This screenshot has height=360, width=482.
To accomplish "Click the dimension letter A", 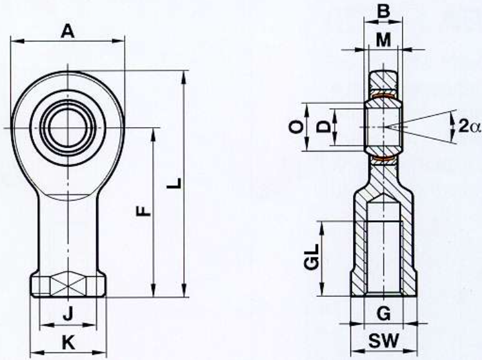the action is (68, 32).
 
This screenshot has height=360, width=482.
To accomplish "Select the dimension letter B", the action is (383, 12).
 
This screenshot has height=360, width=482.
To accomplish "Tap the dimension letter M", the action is (383, 40).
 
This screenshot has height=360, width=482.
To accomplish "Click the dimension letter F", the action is (143, 211).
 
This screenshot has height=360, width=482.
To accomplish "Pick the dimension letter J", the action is (68, 314).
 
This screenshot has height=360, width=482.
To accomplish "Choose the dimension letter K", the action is (68, 343).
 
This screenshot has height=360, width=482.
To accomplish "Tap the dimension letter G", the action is (384, 314).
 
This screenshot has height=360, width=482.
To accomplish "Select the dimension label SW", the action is (384, 341).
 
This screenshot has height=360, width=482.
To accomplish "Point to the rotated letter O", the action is (297, 127).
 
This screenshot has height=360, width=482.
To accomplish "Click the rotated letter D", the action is (323, 126).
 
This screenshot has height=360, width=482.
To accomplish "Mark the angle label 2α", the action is (469, 126).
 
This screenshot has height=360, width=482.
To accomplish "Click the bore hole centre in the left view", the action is (68, 128).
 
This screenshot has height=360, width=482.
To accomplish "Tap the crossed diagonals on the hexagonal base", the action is (68, 286).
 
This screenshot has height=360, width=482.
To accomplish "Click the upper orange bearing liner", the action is (383, 97).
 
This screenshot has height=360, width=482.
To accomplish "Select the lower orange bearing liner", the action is (383, 159).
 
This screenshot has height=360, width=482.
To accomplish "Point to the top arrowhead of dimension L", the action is (184, 77).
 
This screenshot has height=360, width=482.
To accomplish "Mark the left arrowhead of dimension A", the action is (17, 41).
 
